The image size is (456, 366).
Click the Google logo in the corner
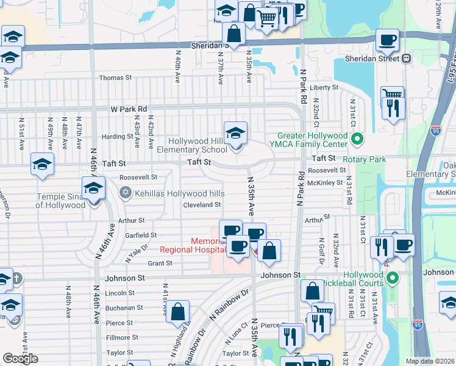click(20, 359)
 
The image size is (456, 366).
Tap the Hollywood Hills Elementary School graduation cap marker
click(236, 133)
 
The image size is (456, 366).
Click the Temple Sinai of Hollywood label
click(60, 201)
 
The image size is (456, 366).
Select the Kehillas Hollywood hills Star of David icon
click(125, 193)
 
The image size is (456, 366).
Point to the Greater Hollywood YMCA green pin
click(357, 140)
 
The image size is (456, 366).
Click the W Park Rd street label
click(129, 109)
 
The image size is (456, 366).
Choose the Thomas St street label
click(115, 77)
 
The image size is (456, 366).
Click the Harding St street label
click(113, 137)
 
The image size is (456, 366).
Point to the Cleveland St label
click(202, 205)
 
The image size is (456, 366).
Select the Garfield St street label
click(141, 235)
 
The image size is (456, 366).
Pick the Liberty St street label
click(324, 87)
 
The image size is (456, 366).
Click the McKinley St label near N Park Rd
click(325, 182)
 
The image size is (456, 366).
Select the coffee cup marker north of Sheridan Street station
click(387, 41)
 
